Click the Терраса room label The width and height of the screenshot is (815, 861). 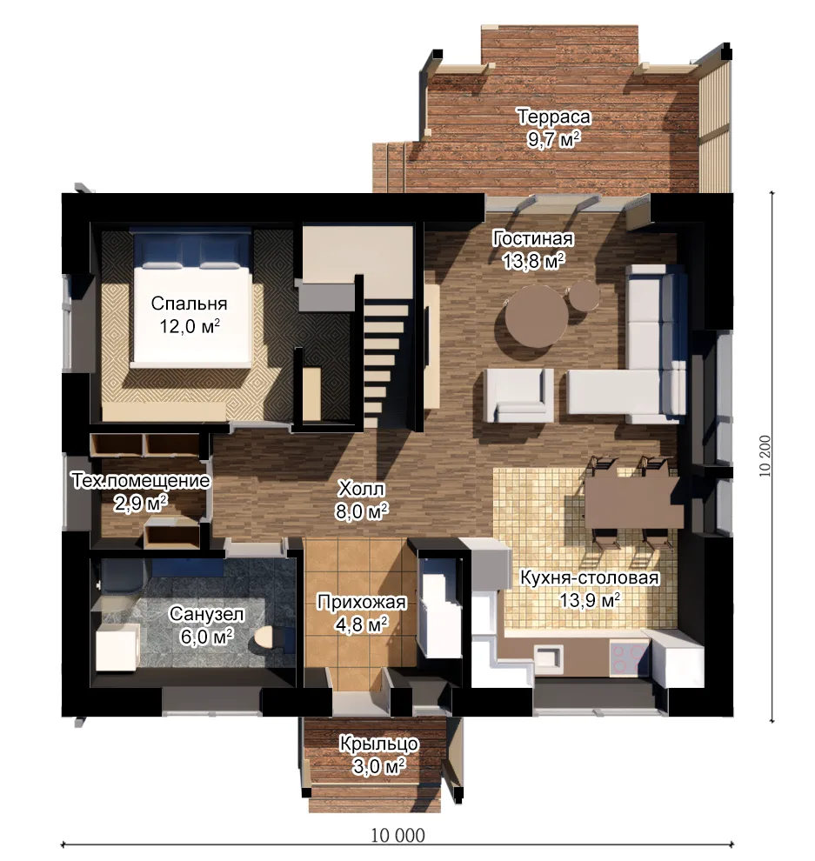[x=553, y=117]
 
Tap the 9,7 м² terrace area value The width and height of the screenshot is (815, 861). [x=553, y=139]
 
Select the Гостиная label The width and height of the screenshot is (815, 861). [x=532, y=238]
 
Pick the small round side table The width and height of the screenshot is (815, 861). [x=584, y=294]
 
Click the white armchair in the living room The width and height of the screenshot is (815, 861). [x=518, y=395]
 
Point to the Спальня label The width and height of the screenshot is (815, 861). [x=189, y=304]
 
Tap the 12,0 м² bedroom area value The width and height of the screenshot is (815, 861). [x=190, y=326]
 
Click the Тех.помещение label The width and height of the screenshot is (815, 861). [x=141, y=480]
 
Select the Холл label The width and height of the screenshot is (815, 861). [x=361, y=488]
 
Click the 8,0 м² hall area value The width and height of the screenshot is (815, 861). [x=361, y=511]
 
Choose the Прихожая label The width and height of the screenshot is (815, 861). [x=361, y=602]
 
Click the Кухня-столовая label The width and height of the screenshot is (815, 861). [x=589, y=577]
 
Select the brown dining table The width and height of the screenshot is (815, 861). [x=633, y=502]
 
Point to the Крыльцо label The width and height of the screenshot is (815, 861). [x=379, y=744]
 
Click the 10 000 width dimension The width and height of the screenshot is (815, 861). [x=397, y=835]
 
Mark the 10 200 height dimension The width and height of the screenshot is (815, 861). [x=765, y=456]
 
